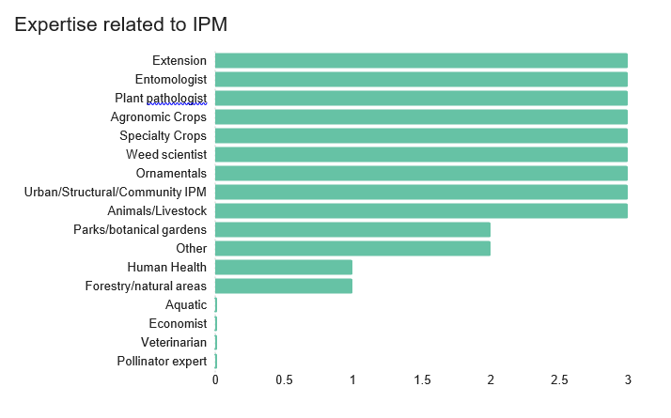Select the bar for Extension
pyautogui.click(x=421, y=61)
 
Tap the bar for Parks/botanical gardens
pyautogui.click(x=352, y=230)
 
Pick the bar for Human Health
pyautogui.click(x=284, y=268)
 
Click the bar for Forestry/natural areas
pyautogui.click(x=284, y=286)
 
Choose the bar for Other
pyautogui.click(x=352, y=249)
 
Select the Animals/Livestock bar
pyautogui.click(x=421, y=211)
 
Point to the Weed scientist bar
pyautogui.click(x=421, y=155)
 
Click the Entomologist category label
pyautogui.click(x=171, y=80)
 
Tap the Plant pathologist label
pyautogui.click(x=161, y=99)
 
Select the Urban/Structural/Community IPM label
pyautogui.click(x=116, y=193)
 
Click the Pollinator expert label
pyautogui.click(x=162, y=362)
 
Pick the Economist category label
pyautogui.click(x=178, y=324)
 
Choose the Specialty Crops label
pyautogui.click(x=163, y=136)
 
